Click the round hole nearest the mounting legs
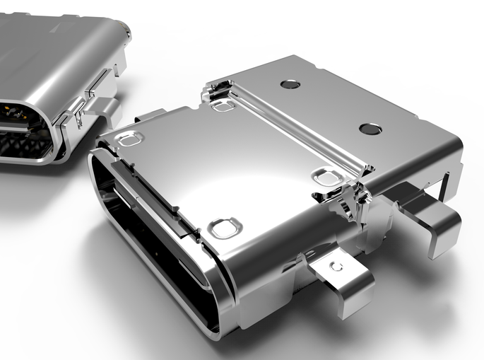pos(370,129)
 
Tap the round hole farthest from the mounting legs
pos(290,84)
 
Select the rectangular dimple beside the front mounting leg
pos(225,228)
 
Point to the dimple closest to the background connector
pos(130,139)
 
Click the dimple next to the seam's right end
pos(326,175)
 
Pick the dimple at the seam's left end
pos(223,105)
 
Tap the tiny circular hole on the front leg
pos(337,267)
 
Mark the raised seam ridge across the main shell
pos(297,127)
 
